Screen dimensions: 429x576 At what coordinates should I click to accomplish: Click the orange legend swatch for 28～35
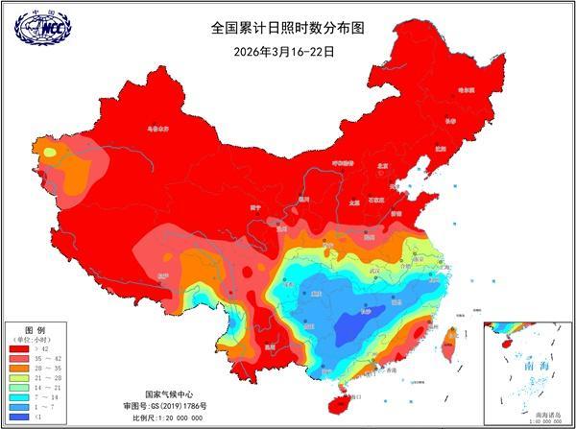pyautogui.click(x=18, y=367)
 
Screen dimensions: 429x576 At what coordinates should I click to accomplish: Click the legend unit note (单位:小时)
pyautogui.click(x=33, y=336)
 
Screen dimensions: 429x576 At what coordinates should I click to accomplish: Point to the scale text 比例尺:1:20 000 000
pyautogui.click(x=169, y=419)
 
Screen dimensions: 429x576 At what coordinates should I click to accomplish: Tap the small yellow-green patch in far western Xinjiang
pyautogui.click(x=48, y=149)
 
